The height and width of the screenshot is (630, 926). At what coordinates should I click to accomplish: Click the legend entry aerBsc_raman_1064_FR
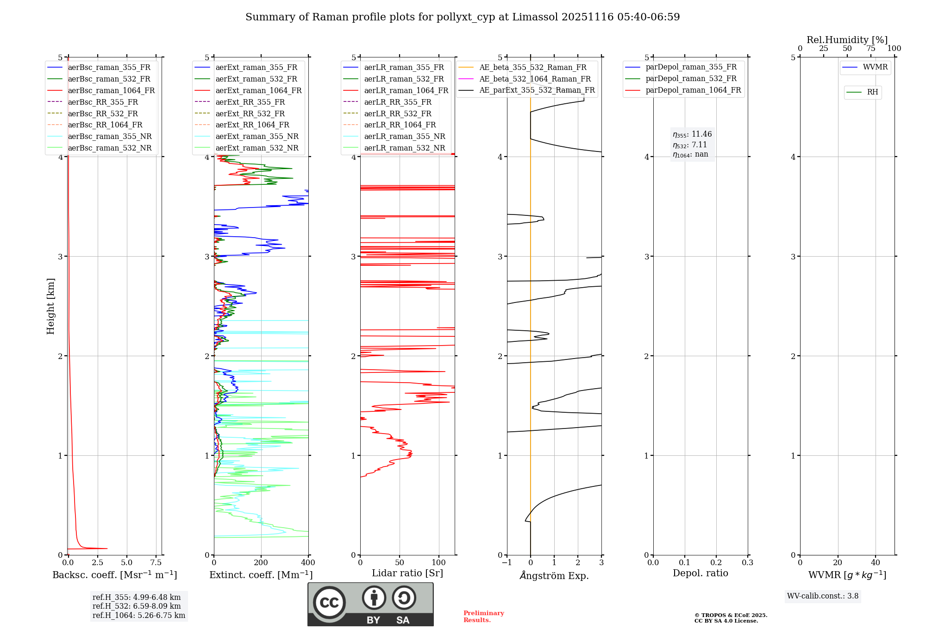(x=111, y=91)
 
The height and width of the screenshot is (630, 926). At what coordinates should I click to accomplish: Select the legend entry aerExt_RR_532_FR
(x=250, y=113)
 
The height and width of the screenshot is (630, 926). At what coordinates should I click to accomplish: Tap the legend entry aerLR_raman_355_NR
(x=404, y=137)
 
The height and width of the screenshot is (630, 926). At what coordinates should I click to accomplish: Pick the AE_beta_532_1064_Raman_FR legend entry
(x=535, y=79)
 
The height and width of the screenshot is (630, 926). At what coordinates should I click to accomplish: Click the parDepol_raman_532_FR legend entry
(x=691, y=79)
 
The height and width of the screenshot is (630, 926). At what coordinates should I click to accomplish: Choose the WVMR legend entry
(x=875, y=67)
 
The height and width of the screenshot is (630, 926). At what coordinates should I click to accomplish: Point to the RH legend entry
(x=872, y=92)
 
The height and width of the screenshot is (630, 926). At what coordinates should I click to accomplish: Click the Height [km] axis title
(x=50, y=306)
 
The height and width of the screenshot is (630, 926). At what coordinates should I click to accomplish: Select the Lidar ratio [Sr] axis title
(x=407, y=573)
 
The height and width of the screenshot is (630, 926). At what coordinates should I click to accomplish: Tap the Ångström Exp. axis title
(x=554, y=575)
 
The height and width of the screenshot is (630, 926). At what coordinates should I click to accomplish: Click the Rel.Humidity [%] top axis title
(x=847, y=40)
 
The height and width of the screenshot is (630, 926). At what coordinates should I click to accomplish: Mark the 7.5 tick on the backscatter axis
(x=156, y=563)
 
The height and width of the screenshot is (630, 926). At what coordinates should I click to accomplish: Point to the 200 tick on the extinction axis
(x=261, y=563)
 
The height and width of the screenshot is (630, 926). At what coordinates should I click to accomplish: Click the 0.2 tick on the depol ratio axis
(x=716, y=563)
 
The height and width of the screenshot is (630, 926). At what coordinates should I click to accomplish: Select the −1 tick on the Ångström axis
(x=507, y=563)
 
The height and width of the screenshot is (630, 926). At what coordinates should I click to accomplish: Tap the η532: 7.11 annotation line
(x=690, y=145)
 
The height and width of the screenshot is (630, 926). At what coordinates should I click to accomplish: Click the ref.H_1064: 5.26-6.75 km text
(x=138, y=616)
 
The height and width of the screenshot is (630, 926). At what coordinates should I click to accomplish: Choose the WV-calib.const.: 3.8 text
(x=823, y=596)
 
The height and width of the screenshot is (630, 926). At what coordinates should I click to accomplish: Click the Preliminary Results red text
(x=483, y=617)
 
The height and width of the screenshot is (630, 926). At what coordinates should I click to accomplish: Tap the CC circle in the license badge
(x=329, y=603)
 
